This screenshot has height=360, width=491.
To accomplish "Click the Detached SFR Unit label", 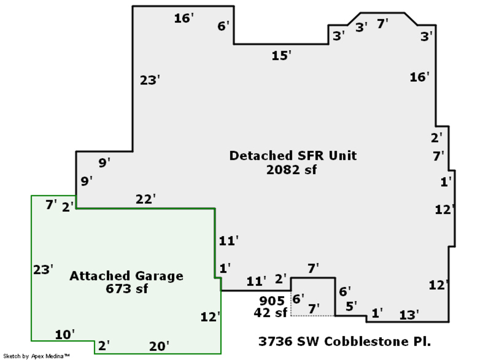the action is pos(293,155).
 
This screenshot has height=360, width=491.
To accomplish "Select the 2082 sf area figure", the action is pos(291,170).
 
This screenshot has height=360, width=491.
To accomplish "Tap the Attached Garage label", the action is pos(126,276).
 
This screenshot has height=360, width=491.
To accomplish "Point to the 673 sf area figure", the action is pos(127,289).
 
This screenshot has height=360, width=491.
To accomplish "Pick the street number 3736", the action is pos(276,341).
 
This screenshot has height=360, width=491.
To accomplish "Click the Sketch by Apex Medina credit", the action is pos(37,356).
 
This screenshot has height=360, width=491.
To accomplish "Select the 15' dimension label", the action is pos(281,56).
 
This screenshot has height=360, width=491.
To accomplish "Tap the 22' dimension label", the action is pos(146,199).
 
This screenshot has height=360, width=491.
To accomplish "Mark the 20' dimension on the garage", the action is pos(159,346).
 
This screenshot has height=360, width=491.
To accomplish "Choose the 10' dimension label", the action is pos(65,335).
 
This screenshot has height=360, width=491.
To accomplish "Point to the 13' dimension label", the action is pos(409,315).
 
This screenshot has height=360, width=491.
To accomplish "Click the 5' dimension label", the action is pos(351,306).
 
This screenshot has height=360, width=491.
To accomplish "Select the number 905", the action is pos(272,301).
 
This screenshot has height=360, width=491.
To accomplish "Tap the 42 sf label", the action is pos(270,313).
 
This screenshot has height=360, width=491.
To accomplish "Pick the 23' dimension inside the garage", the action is pos(43,269).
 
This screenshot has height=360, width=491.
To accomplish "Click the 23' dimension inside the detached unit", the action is pos(149,80).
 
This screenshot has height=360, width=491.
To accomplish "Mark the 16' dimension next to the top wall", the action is pos(184,18).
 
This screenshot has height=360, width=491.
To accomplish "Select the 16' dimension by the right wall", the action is pos(420,77).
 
